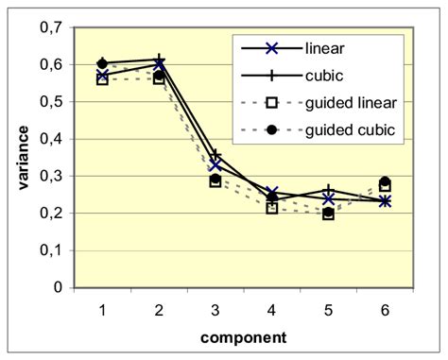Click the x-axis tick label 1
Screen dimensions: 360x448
[x=103, y=308]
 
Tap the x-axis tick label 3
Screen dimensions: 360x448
[x=215, y=308]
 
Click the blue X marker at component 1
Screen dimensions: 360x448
[x=103, y=76]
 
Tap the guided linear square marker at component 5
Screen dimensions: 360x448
[x=328, y=214]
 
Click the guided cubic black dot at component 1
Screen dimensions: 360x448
[x=103, y=63]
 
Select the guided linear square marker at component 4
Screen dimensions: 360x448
[x=272, y=208]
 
